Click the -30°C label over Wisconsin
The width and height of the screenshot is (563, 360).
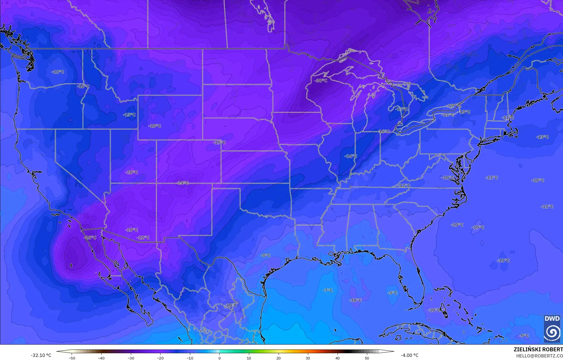coord(321,81)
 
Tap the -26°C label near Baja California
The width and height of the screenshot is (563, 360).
coord(90,237)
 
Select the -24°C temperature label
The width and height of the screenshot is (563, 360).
coord(183,183)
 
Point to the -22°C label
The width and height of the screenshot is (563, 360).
coord(143,237)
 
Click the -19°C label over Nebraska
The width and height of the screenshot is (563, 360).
coord(220,142)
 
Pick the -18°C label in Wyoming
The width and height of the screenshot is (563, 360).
coord(155,126)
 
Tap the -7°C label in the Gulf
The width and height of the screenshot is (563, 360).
coord(328,290)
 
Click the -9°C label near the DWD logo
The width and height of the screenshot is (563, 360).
coord(524,336)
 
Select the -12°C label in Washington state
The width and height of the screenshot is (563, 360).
coord(58,72)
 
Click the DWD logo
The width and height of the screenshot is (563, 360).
coord(552,329)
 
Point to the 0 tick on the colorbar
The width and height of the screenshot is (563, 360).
coord(219,358)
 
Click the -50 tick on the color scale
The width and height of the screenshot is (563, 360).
coord(72,358)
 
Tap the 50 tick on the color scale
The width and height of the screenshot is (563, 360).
coord(367,358)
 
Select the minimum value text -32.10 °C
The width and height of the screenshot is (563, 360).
coord(41,355)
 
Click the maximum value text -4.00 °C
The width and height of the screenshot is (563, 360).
coord(409,355)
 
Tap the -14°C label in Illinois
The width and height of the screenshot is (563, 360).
coord(351,156)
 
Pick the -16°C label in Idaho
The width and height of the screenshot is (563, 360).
coord(83,86)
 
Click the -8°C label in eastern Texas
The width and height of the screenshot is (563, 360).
coord(265,255)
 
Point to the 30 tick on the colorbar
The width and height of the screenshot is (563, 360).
coord(308,358)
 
